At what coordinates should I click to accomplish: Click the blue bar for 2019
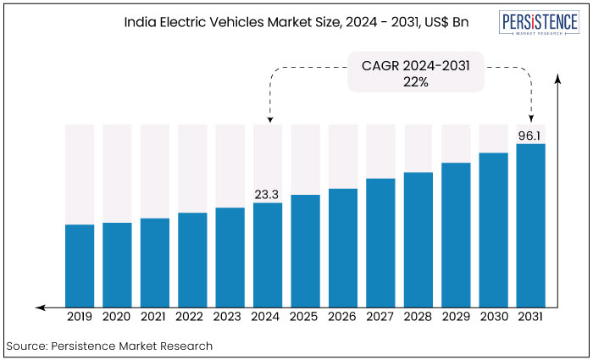pyautogui.click(x=80, y=265)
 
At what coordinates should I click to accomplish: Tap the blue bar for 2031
pyautogui.click(x=531, y=224)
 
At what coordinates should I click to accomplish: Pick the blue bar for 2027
pyautogui.click(x=380, y=242)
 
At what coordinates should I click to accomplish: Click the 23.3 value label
pyautogui.click(x=268, y=195)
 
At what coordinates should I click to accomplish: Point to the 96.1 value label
pyautogui.click(x=531, y=135)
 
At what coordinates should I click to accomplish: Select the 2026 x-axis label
pyautogui.click(x=343, y=316)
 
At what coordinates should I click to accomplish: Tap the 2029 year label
pyautogui.click(x=456, y=316)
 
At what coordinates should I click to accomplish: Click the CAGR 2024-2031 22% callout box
pyautogui.click(x=415, y=73)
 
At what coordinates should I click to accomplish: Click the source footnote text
pyautogui.click(x=109, y=346)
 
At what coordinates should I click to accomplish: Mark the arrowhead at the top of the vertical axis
pyautogui.click(x=559, y=80)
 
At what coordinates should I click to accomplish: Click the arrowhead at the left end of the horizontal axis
pyautogui.click(x=39, y=306)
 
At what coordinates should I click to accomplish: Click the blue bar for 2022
pyautogui.click(x=192, y=259)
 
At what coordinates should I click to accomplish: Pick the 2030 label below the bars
pyautogui.click(x=493, y=316)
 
